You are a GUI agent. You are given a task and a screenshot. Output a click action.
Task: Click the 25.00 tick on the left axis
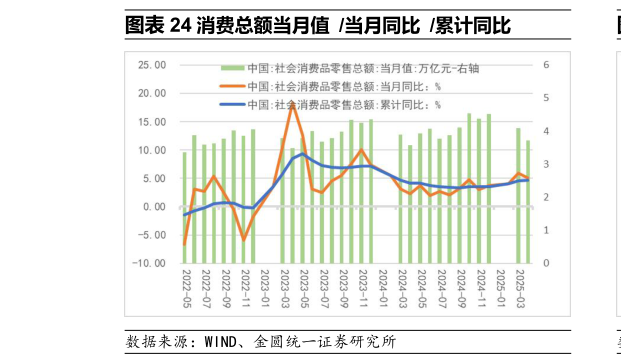pyautogui.click(x=153, y=65)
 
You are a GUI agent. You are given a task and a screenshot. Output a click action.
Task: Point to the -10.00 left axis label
pyautogui.click(x=151, y=263)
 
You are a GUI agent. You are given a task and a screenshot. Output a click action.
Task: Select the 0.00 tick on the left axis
pyautogui.click(x=156, y=207)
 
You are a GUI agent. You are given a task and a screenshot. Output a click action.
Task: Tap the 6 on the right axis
pyautogui.click(x=546, y=65)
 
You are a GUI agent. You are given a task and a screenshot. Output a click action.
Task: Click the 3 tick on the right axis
pyautogui.click(x=546, y=164)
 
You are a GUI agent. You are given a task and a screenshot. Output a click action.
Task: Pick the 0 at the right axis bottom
pyautogui.click(x=546, y=263)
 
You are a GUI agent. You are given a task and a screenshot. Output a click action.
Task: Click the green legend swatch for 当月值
pyautogui.click(x=232, y=68)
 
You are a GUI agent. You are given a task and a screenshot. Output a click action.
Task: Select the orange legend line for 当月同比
pyautogui.click(x=232, y=87)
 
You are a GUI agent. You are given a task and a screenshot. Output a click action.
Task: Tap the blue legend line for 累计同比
pyautogui.click(x=232, y=105)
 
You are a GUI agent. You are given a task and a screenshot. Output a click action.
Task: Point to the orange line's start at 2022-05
pyautogui.click(x=184, y=244)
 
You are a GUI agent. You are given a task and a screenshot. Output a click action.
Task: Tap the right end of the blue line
pyautogui.click(x=528, y=180)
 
